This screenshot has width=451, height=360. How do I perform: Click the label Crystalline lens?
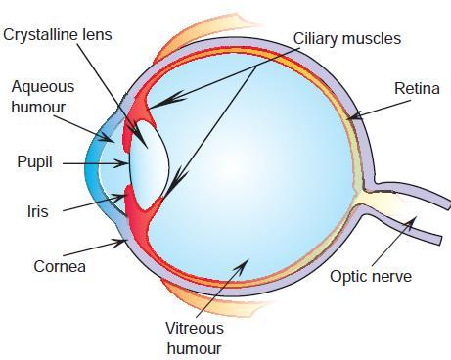pos(58,35)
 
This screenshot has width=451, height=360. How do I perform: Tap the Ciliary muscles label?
pos(346,40)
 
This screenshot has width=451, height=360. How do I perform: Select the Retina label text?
pos(417,89)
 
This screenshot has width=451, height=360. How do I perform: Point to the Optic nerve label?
pos(371,277)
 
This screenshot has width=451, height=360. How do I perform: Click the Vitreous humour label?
pos(194,338)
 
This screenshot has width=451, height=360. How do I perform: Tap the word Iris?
pos(38,210)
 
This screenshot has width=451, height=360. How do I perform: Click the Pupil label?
pos(34,161)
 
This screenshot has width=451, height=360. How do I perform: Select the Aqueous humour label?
pos(42,96)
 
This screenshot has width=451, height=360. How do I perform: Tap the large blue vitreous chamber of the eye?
pos(254,166)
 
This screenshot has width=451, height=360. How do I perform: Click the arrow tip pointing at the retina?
pos(349,120)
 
